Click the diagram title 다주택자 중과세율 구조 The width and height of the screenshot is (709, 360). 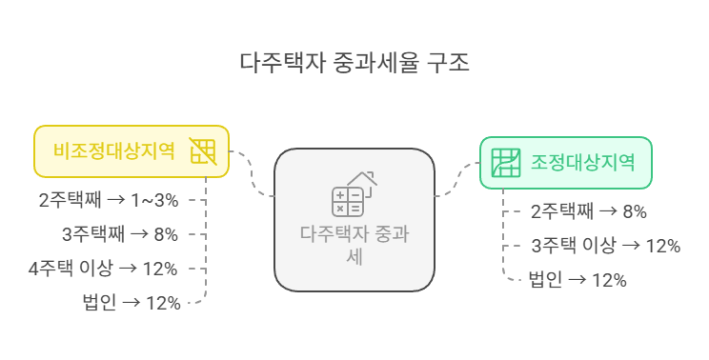pos(354,64)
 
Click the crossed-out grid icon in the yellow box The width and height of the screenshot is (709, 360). pos(202,151)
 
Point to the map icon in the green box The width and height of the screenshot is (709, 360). pos(505,162)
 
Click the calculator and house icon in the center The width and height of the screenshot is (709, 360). pos(354,193)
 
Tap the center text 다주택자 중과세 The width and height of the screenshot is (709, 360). pos(354,244)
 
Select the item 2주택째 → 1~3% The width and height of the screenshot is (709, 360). pos(110,200)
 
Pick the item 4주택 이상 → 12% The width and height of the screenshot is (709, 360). pos(103,268)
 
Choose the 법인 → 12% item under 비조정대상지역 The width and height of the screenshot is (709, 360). pos(132,302)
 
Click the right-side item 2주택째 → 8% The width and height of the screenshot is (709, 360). pos(589,211)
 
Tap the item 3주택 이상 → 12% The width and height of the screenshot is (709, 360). pos(605,245)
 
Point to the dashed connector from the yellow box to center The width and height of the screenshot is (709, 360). pos(253,172)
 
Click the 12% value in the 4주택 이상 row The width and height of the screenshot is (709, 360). pos(160,268)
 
